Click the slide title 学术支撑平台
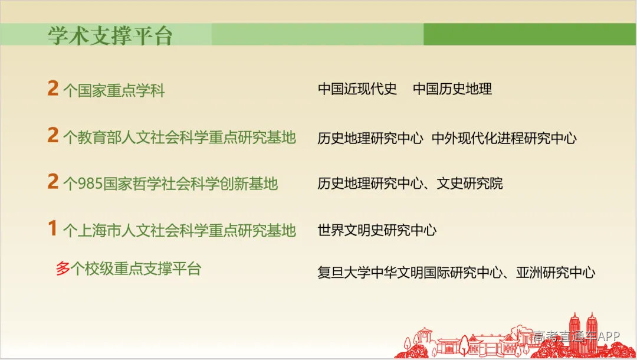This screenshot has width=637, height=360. [x=110, y=36]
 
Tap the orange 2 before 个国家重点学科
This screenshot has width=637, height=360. [x=53, y=89]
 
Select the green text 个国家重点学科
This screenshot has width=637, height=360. [x=114, y=90]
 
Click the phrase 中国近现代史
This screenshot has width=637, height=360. [x=357, y=89]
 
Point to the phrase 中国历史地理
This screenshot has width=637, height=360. [x=452, y=89]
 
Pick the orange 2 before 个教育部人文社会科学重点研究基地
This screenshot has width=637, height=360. [x=53, y=136]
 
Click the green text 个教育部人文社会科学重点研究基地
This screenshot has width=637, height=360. [x=179, y=138]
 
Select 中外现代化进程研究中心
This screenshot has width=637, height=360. [x=504, y=138]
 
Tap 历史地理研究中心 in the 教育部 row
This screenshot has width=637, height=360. [x=370, y=138]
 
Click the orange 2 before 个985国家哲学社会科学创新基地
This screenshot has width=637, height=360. [x=53, y=182]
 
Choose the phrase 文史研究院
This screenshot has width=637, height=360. [x=469, y=183]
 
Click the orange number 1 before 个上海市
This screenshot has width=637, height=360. [x=53, y=229]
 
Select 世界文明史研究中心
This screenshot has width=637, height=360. [x=377, y=230]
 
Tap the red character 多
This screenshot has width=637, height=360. [x=63, y=269]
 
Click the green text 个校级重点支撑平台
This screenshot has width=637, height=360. [x=136, y=269]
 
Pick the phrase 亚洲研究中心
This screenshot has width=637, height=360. [x=556, y=273]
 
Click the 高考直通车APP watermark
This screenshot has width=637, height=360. [x=576, y=336]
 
